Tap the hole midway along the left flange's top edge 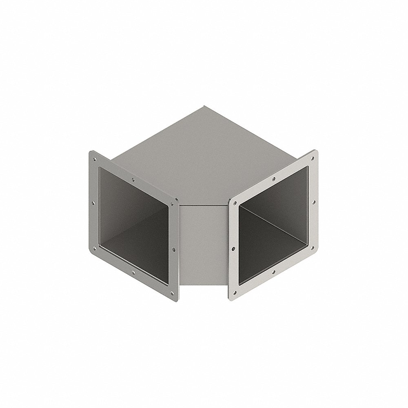[x=133, y=178]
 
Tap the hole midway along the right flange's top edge [x=273, y=179]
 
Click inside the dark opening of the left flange [x=135, y=220]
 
